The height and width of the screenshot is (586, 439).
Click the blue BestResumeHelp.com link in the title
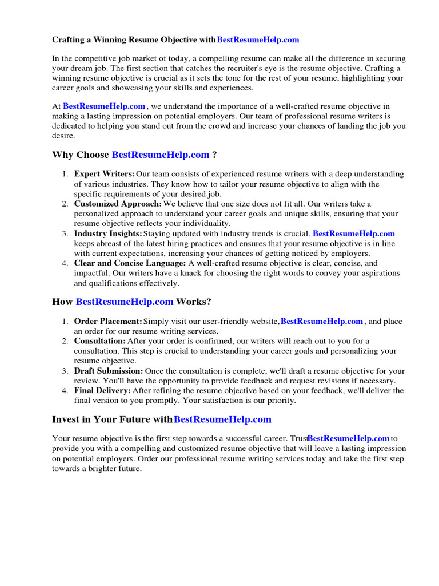pos(258,40)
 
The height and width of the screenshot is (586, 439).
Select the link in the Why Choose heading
pos(161,155)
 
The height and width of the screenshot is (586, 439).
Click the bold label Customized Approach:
pos(118,204)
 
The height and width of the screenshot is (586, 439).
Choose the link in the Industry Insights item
pos(354,233)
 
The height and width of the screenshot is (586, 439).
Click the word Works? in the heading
pos(194,302)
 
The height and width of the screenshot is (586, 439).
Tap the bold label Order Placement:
pos(108,321)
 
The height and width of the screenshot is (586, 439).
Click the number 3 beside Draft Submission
pos(65,371)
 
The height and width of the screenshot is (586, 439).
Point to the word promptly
pos(164,401)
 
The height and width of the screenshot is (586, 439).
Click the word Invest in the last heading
pos(65,419)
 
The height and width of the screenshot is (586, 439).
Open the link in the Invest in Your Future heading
pos(222,419)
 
